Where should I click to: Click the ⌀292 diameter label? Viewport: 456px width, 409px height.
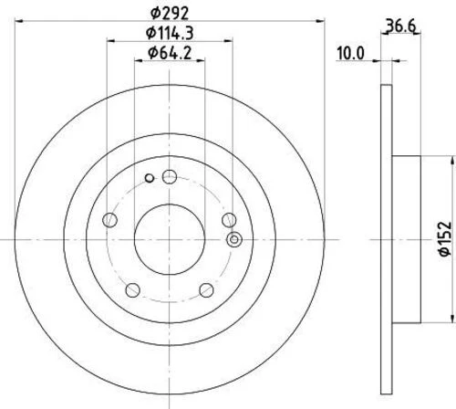(x=170, y=13)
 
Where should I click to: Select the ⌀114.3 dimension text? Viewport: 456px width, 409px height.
(x=170, y=33)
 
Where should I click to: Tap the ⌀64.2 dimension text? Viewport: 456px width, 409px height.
(x=170, y=53)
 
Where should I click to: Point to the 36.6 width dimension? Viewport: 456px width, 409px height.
(x=400, y=26)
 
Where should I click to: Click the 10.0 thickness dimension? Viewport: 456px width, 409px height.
(x=350, y=54)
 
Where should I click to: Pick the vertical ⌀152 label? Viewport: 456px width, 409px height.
(x=445, y=239)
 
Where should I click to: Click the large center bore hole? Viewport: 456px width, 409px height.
(x=170, y=239)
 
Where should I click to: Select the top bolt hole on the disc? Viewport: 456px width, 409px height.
(x=170, y=177)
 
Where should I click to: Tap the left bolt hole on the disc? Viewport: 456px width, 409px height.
(x=110, y=220)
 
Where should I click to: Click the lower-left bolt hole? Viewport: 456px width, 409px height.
(x=133, y=290)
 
